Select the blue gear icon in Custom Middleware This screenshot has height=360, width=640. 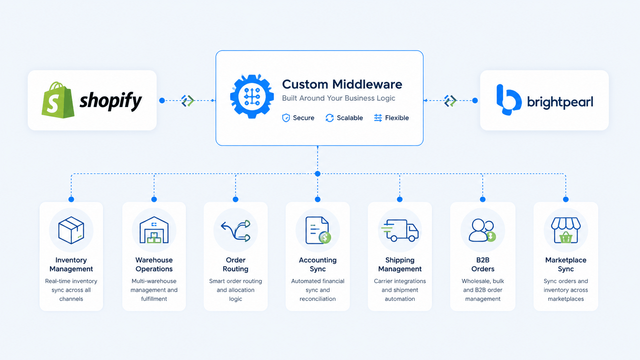point(252,96)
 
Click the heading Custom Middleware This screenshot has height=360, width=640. point(342,84)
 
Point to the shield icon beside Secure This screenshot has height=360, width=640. point(286,118)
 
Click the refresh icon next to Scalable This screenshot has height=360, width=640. point(330,118)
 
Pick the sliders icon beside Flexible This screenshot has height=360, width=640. point(378,117)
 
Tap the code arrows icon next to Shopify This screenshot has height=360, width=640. point(188,101)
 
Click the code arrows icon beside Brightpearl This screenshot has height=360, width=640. point(450,101)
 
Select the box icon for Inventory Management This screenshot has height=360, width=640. point(71,230)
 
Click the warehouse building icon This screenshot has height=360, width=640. point(154,230)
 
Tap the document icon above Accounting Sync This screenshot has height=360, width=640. point(318,230)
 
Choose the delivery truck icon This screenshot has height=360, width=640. point(400,230)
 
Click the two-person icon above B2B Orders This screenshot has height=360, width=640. point(482,230)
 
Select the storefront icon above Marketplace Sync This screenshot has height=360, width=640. point(566,230)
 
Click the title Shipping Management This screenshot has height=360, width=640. point(400,264)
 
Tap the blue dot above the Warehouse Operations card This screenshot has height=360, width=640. point(154,199)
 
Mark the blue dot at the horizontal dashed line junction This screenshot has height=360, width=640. point(317,174)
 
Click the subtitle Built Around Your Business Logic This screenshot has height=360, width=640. point(339,98)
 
